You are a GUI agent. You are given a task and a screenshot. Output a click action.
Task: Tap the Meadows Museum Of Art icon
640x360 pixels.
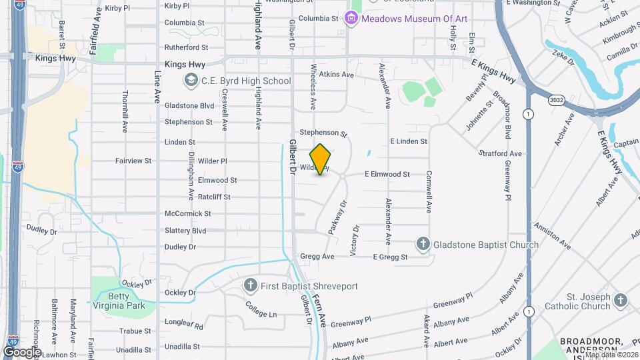pyautogui.click(x=351, y=19)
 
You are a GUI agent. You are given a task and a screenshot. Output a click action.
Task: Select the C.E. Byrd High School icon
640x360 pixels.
pyautogui.click(x=191, y=81)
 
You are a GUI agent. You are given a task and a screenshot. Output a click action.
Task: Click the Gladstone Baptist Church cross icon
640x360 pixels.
pyautogui.click(x=423, y=245)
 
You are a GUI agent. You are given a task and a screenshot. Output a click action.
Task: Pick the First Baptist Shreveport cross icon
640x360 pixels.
pyautogui.click(x=251, y=286)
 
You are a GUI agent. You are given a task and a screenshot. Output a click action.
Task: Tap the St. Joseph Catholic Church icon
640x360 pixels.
pyautogui.click(x=621, y=301)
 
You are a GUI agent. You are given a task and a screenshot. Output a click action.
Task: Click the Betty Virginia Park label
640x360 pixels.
pyautogui.click(x=111, y=301)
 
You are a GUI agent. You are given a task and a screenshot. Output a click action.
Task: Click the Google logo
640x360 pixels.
pyautogui.click(x=22, y=351)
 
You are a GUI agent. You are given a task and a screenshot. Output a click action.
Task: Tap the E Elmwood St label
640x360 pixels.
pyautogui.click(x=387, y=174)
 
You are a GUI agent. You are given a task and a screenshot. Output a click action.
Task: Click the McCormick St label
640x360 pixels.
pyautogui.click(x=189, y=214)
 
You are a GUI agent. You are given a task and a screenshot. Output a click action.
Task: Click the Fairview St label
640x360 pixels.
pyautogui.click(x=133, y=161)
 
